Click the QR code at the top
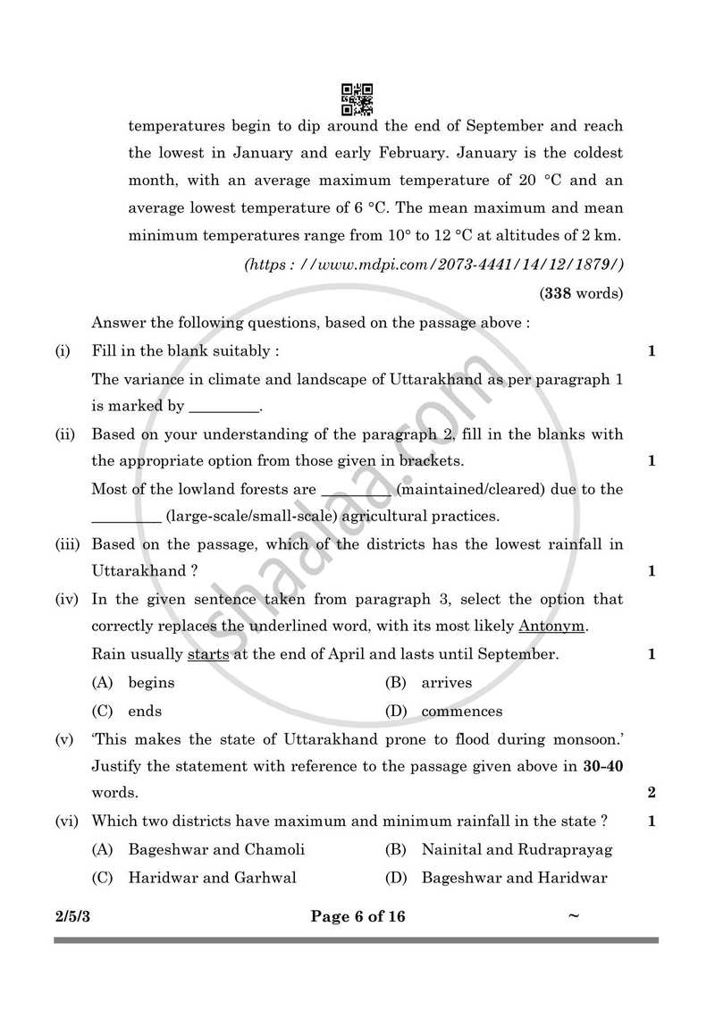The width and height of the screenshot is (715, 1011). (x=357, y=98)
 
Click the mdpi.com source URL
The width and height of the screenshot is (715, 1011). (x=433, y=265)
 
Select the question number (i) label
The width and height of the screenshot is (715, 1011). (x=63, y=350)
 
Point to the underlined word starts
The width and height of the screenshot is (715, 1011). (x=208, y=654)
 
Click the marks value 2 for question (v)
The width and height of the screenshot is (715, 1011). (x=652, y=793)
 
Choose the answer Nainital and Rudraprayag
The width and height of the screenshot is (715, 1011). (x=517, y=849)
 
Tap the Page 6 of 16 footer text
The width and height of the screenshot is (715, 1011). (x=357, y=916)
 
